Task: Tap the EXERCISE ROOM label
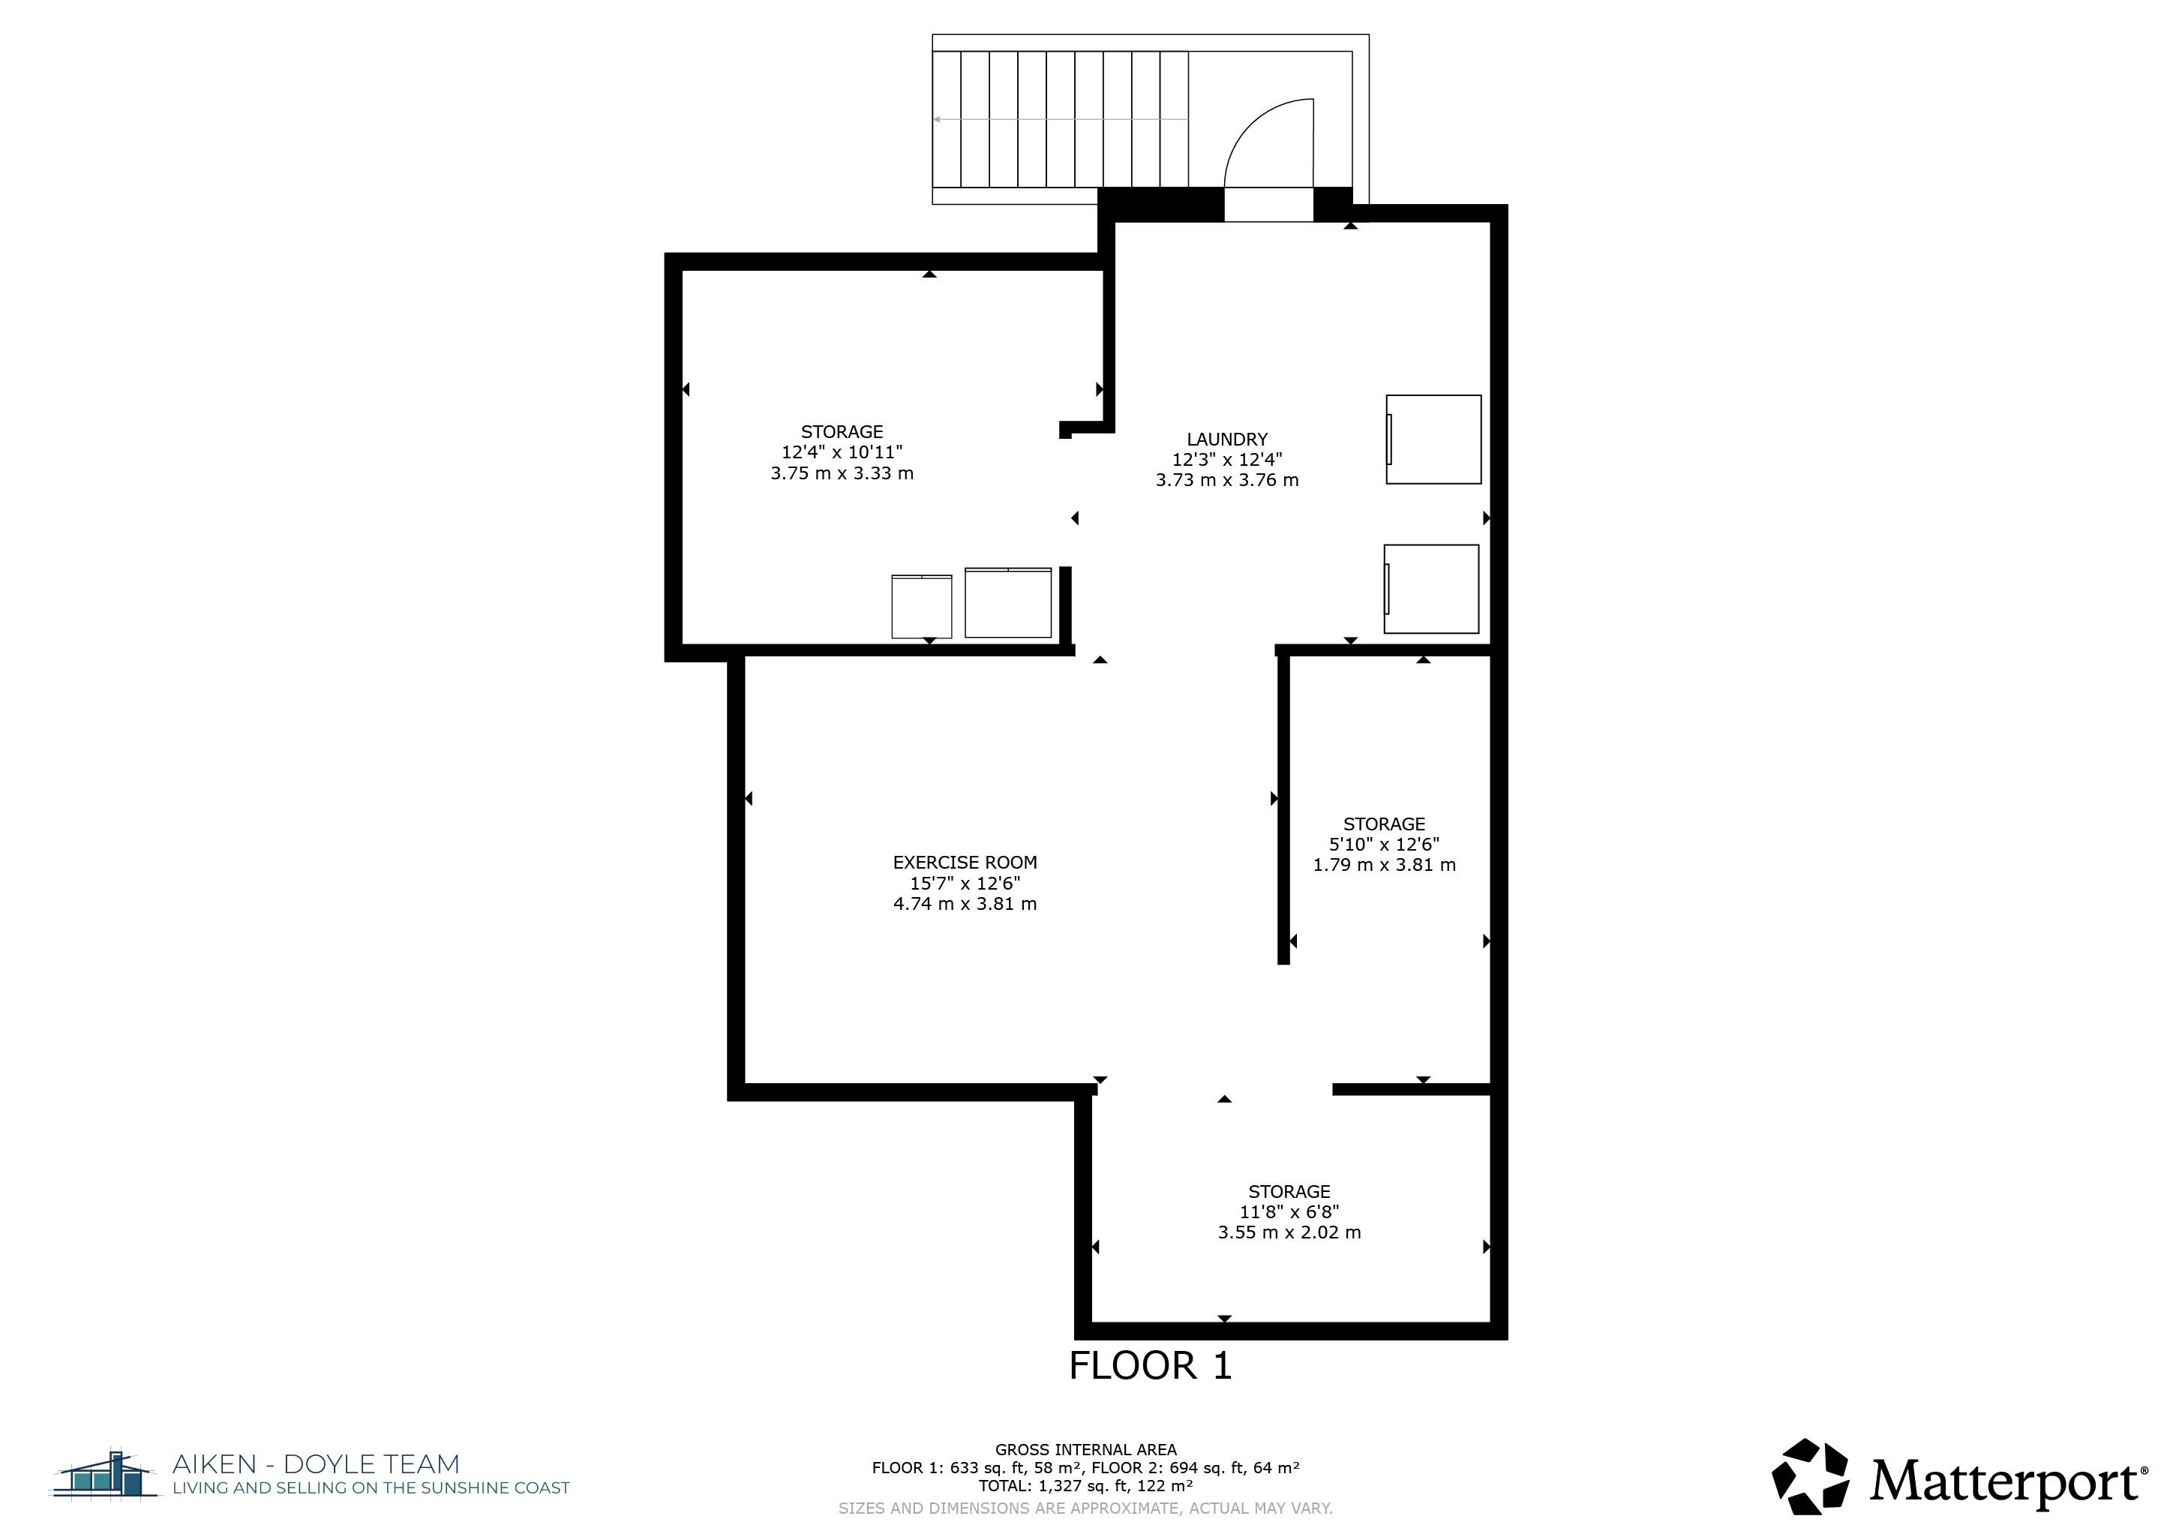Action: tap(965, 862)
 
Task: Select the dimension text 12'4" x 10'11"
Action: tap(842, 452)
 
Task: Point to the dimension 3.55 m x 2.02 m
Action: tap(1289, 1232)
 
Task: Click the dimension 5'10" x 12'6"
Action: tap(1384, 844)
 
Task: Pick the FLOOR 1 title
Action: tap(1150, 1366)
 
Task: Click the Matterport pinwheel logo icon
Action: tap(1811, 1476)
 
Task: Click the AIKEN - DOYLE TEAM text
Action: tap(315, 1465)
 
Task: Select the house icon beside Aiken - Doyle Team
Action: tap(105, 1475)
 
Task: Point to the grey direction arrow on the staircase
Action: tap(1060, 119)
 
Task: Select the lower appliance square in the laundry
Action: tap(1431, 589)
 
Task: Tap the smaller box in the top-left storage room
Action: tap(921, 607)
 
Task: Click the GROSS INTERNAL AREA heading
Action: tap(1085, 1449)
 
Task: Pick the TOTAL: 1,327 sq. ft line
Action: tap(1085, 1486)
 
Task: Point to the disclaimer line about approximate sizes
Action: tap(1085, 1508)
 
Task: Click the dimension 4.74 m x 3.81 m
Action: tap(965, 904)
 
